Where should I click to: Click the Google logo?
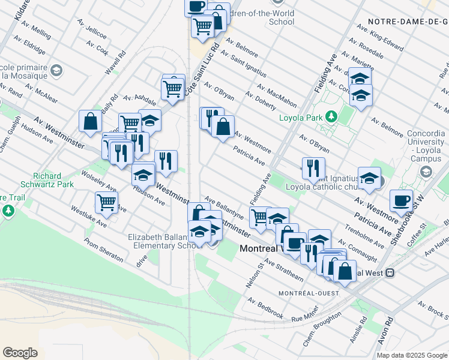pyautogui.click(x=20, y=353)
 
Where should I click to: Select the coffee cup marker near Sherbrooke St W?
pyautogui.click(x=401, y=201)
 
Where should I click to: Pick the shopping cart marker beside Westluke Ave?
pyautogui.click(x=106, y=203)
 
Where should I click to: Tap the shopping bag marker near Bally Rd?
pyautogui.click(x=89, y=121)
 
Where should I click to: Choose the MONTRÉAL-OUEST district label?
pyautogui.click(x=309, y=293)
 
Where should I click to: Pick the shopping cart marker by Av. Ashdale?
pyautogui.click(x=173, y=89)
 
